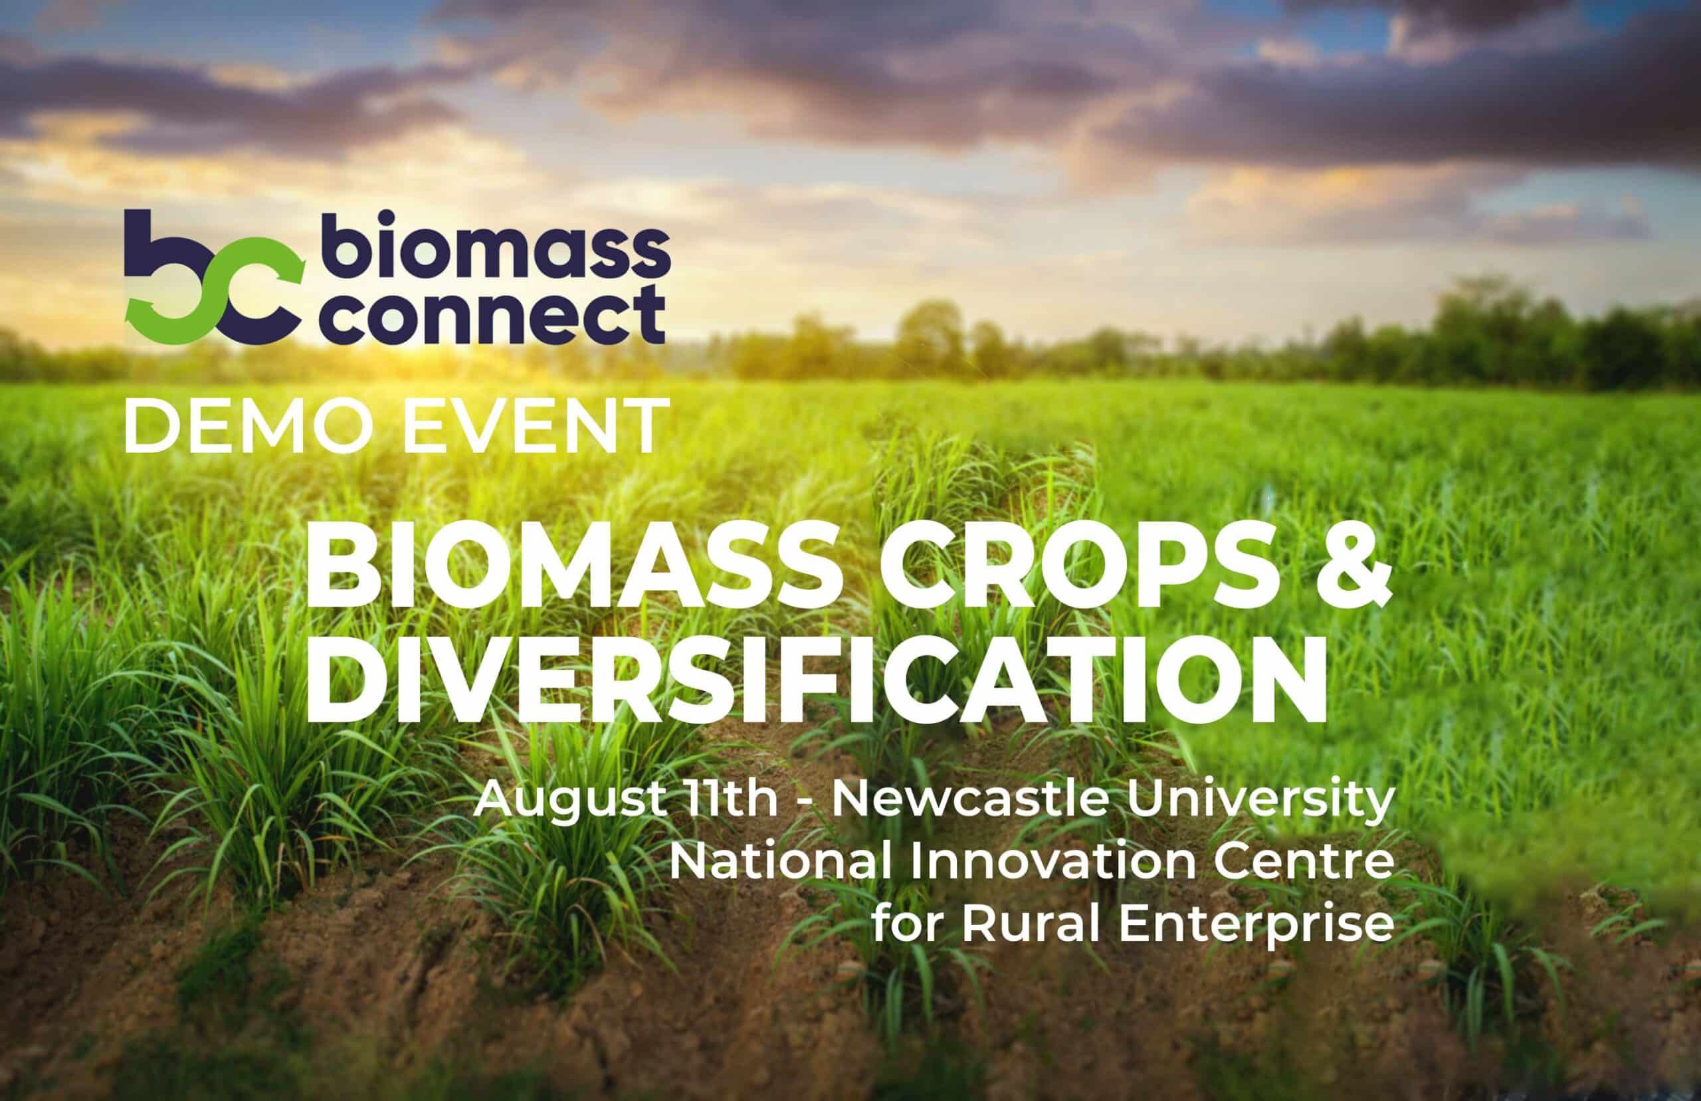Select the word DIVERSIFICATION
815,680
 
